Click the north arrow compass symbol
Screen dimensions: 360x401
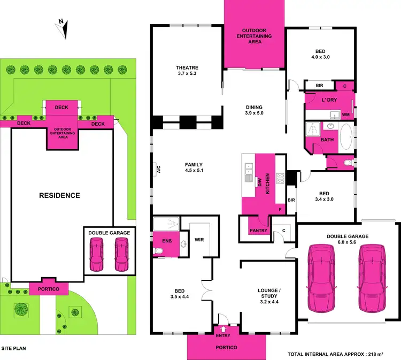tap(62, 28)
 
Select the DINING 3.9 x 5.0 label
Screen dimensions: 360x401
tap(253, 110)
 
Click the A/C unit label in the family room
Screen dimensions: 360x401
tap(158, 169)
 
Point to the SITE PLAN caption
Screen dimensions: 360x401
tap(13, 348)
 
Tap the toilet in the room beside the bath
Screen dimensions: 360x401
tap(348, 162)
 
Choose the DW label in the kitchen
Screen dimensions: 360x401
tap(259, 182)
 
